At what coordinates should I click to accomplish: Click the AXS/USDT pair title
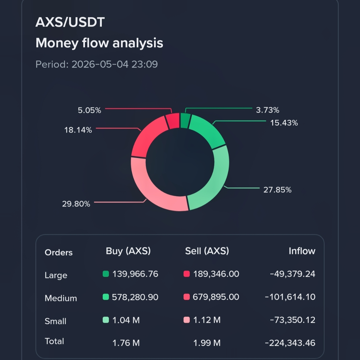click(x=70, y=22)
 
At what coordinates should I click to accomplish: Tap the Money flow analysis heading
click(x=99, y=43)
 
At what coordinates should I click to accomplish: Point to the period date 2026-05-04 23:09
click(x=115, y=64)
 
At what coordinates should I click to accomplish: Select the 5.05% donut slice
click(x=173, y=121)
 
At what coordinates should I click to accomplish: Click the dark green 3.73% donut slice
click(x=185, y=120)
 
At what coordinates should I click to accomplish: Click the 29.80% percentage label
click(x=76, y=204)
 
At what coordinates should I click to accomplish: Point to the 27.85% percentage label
click(x=277, y=190)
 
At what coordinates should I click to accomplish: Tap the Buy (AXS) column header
click(x=128, y=251)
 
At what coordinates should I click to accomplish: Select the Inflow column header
click(x=302, y=251)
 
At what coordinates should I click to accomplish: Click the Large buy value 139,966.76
click(x=135, y=274)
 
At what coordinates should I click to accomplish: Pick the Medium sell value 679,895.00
click(x=216, y=297)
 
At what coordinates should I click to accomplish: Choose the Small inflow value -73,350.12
click(x=292, y=320)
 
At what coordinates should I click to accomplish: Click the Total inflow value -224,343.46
click(x=290, y=343)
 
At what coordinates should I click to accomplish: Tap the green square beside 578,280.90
click(x=106, y=297)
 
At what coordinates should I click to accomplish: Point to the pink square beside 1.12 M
click(x=186, y=320)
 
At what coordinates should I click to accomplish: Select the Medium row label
click(x=61, y=298)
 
